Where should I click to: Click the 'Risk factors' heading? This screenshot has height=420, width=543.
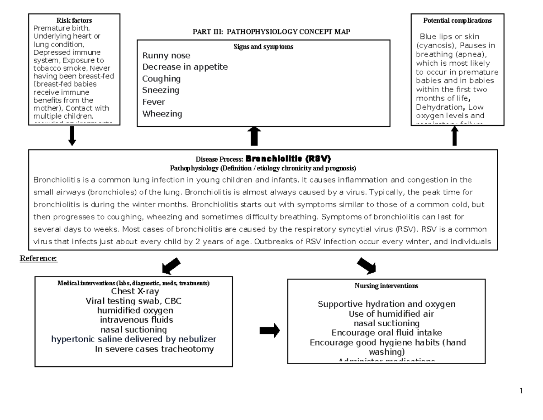[x=74, y=20]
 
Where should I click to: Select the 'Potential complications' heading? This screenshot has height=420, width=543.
[x=457, y=20]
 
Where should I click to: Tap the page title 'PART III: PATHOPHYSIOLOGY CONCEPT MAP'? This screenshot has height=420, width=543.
[x=271, y=31]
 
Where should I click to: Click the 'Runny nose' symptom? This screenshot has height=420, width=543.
[x=166, y=56]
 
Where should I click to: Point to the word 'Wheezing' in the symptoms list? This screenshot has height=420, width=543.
[x=162, y=114]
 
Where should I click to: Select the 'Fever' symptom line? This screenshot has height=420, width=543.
[x=153, y=102]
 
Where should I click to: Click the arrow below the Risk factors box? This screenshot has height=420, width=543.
[x=72, y=136]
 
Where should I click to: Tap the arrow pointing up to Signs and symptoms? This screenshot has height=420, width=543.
[x=254, y=136]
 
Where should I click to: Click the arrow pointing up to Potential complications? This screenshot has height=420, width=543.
[x=455, y=136]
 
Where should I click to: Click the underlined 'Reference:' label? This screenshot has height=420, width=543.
[x=38, y=259]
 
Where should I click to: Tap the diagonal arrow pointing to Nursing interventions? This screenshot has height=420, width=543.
[x=367, y=266]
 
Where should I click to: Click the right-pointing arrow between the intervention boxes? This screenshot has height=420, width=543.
[x=269, y=331]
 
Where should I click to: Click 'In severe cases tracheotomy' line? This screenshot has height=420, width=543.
[x=154, y=349]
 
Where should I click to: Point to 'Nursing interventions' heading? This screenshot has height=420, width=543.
[x=386, y=286]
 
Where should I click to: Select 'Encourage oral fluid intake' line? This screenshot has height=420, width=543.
[x=386, y=333]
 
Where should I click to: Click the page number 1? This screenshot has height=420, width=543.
[x=521, y=391]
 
